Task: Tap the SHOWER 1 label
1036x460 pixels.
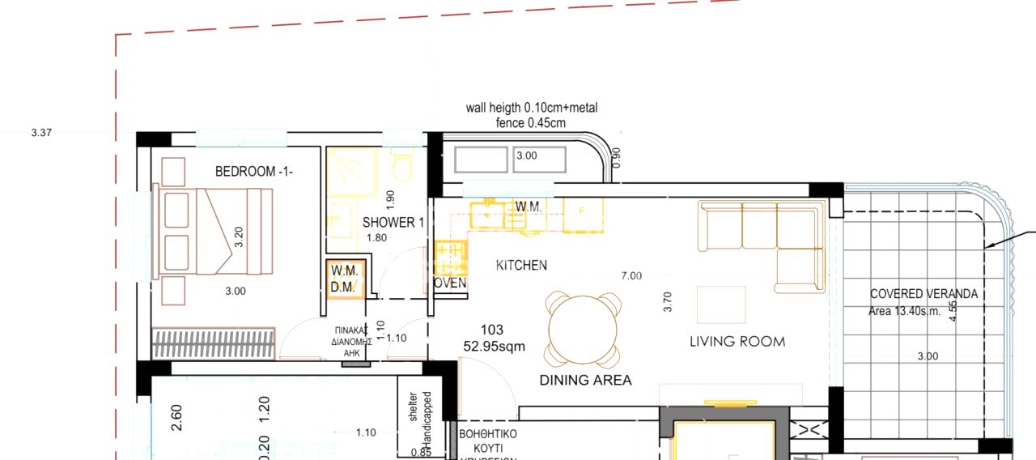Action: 393,223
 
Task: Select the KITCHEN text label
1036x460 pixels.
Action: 521,265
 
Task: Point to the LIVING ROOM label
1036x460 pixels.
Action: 737,342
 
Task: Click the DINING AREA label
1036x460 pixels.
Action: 585,380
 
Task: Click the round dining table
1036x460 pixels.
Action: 584,329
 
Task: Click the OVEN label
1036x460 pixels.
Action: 450,283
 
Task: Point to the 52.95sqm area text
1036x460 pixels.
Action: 494,347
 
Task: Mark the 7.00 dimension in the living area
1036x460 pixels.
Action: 631,276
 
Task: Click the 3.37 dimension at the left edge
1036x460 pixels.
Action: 41,133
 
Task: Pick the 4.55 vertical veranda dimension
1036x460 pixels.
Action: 953,311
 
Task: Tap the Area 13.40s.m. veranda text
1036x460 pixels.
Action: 905,312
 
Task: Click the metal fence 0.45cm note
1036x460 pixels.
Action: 530,123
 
